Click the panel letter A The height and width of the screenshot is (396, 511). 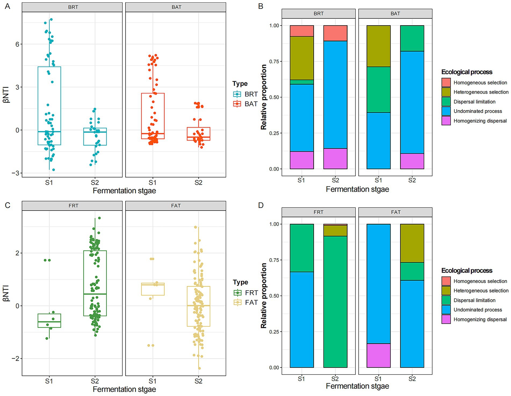tap(7, 6)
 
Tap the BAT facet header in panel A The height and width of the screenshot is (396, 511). tap(176, 7)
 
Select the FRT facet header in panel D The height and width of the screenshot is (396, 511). tap(318, 212)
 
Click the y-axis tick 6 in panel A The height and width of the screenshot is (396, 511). tap(17, 44)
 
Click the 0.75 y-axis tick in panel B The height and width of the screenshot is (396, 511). tap(274, 62)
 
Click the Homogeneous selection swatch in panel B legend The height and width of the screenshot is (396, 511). tap(446, 83)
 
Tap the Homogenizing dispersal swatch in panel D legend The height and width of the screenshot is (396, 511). tap(446, 319)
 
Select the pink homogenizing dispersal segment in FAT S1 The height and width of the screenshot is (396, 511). tap(378, 355)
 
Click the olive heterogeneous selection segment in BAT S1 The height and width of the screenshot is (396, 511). tap(378, 46)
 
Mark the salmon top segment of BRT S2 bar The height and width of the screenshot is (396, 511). tap(335, 33)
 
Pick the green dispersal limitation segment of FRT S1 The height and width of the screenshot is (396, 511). tap(302, 248)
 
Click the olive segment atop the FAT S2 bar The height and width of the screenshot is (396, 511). tap(412, 243)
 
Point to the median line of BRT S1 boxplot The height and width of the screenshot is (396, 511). tap(49, 132)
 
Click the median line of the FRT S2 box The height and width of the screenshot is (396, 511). tap(95, 294)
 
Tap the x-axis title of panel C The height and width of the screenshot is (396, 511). tap(124, 389)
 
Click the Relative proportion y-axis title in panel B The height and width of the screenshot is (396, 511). tap(264, 97)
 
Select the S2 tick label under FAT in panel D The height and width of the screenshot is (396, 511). tap(412, 379)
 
